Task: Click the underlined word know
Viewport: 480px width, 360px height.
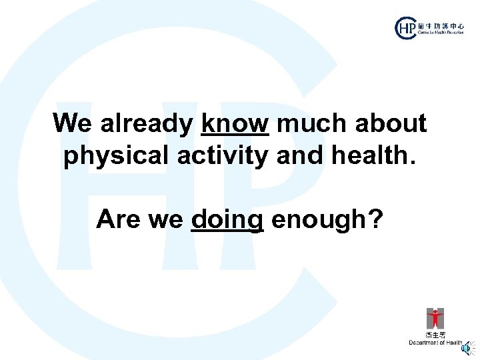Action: (235, 123)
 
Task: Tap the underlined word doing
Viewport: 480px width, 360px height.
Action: (227, 219)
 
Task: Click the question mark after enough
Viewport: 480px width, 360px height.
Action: (376, 219)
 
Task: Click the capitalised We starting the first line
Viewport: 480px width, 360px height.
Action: (73, 123)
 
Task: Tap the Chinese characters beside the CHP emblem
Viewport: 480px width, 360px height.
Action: (440, 23)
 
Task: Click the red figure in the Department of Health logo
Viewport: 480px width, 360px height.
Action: (435, 318)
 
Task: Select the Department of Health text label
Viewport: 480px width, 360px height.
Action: (435, 343)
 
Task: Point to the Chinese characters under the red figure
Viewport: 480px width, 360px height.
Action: (435, 335)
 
